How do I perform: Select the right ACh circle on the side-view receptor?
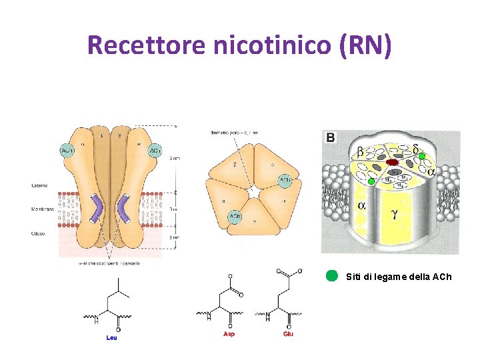(x=155, y=151)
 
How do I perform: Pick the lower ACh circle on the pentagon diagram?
(x=235, y=217)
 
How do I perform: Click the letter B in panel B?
(x=331, y=138)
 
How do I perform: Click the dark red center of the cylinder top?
(x=393, y=162)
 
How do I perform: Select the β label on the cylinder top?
(x=361, y=151)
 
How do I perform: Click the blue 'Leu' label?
(x=112, y=337)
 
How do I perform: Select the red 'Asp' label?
(x=229, y=334)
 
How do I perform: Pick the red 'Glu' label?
(x=288, y=334)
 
